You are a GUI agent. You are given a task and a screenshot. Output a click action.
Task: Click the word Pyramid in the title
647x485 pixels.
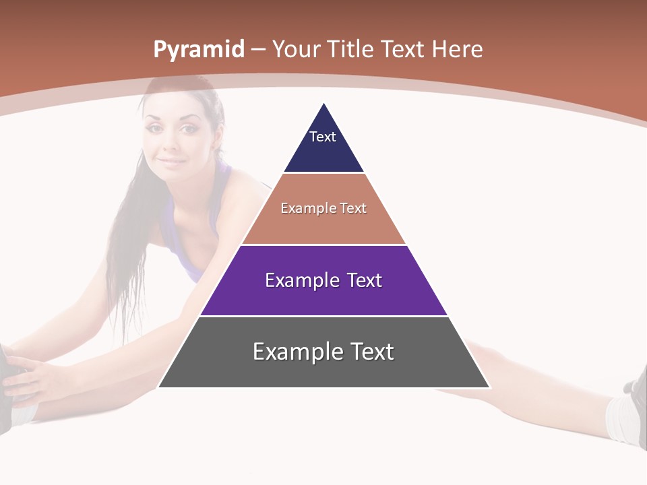pos(198,50)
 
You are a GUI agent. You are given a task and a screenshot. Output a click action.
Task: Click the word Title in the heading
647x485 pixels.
pos(351,49)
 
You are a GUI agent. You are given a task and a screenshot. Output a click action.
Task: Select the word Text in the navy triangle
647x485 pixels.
pos(323,137)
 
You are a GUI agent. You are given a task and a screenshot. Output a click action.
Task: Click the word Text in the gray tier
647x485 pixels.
pos(371,352)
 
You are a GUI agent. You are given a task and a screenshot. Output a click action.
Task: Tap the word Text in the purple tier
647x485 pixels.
pos(365,280)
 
